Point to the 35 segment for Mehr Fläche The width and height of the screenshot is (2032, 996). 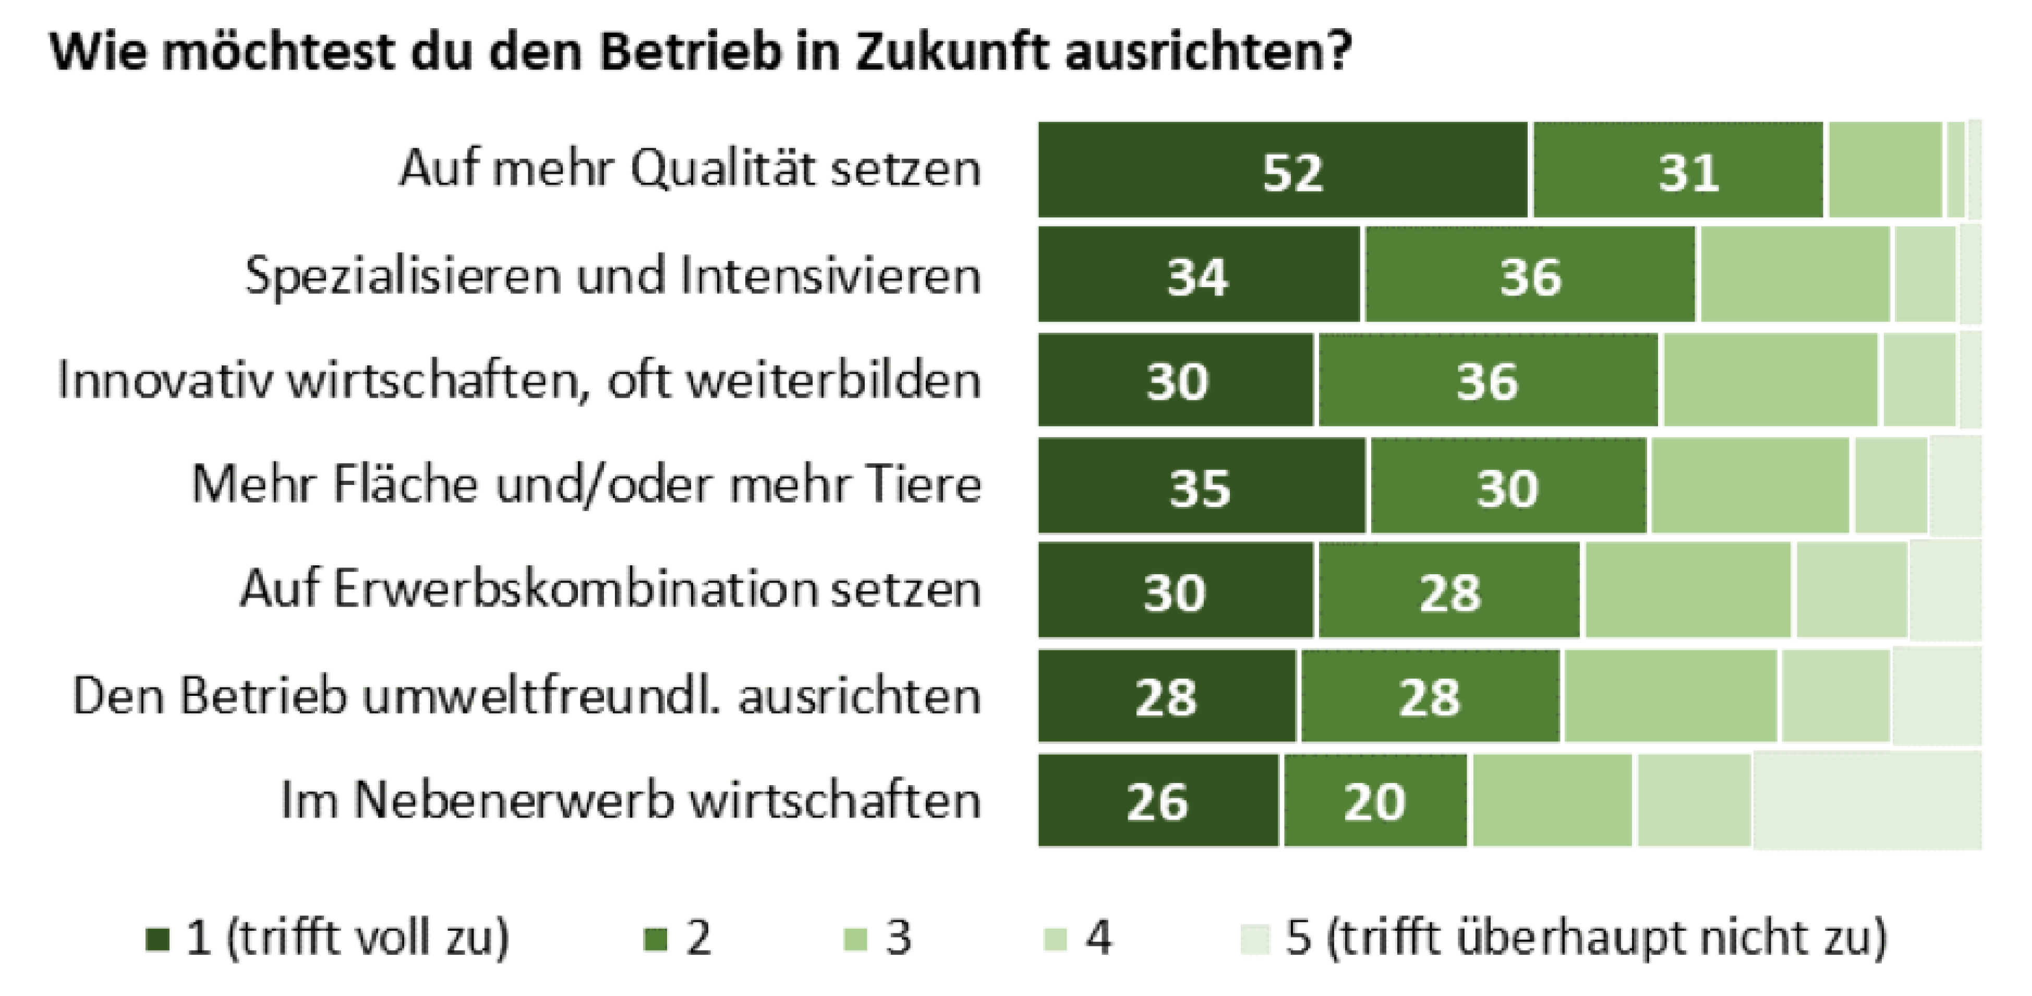(1201, 486)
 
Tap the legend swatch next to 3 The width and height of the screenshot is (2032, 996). (855, 939)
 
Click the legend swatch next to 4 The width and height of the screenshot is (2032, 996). (1055, 939)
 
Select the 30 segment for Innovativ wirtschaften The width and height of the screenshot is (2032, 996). (1176, 381)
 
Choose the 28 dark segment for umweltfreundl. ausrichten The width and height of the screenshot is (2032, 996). (1166, 696)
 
